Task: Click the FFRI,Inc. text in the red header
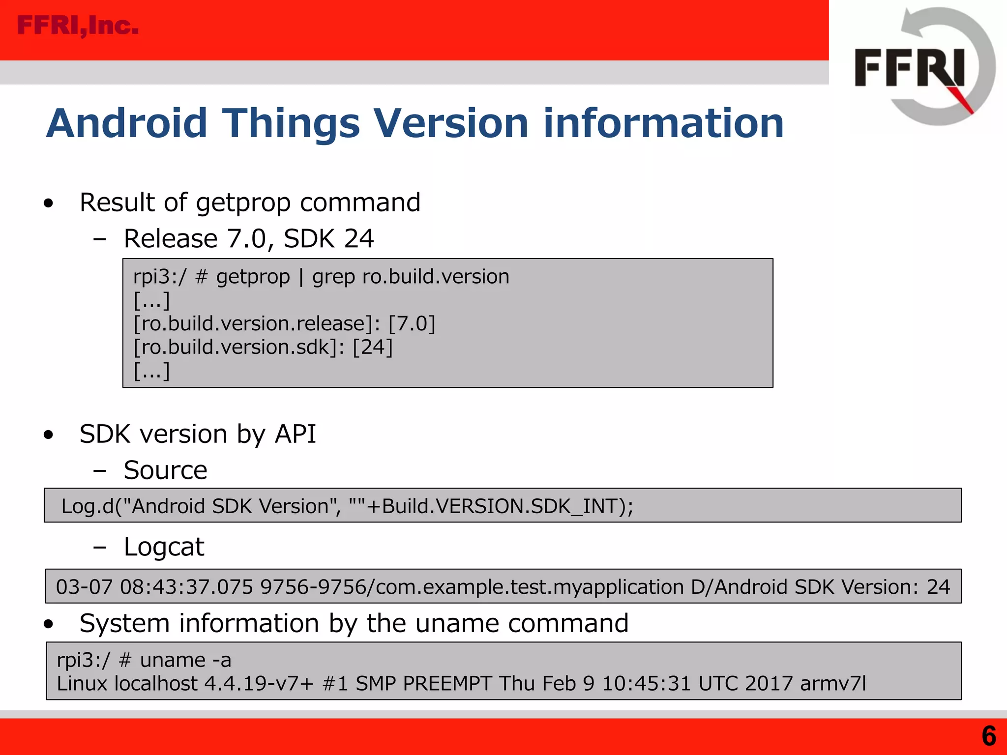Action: pos(78,26)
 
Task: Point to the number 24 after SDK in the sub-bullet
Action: pos(359,239)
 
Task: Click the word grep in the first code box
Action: pos(333,277)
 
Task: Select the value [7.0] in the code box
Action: pos(412,324)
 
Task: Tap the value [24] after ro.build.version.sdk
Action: pos(373,348)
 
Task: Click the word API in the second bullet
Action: pos(295,434)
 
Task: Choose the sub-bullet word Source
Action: pos(166,470)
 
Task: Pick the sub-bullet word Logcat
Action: pos(164,547)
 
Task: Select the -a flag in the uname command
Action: pos(222,660)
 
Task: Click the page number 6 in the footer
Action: pos(989,736)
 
